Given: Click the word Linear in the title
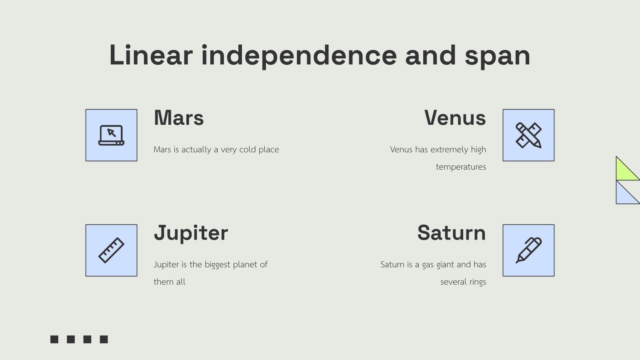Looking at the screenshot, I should coord(151,55).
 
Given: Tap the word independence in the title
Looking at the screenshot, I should coord(299,55).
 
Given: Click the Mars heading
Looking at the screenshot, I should coord(179,118).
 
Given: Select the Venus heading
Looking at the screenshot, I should coord(455,118).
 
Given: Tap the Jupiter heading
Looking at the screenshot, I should coord(191,233).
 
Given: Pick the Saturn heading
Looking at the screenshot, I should coord(451,233).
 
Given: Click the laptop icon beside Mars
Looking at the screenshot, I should coord(111,135).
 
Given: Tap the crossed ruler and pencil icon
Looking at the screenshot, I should coord(528,135).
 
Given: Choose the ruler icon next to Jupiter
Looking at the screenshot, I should coord(111,250).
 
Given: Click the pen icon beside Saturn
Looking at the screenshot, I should coord(528,250).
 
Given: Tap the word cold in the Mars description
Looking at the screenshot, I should coord(247,150).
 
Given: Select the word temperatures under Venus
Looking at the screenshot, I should coord(461,167).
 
